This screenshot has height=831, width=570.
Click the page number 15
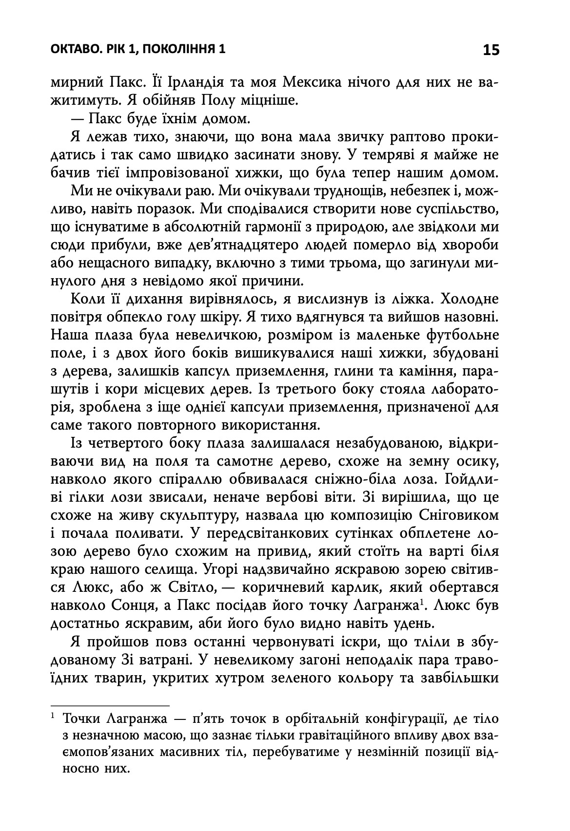click(x=491, y=50)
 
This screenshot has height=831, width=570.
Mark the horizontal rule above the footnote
click(x=110, y=705)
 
